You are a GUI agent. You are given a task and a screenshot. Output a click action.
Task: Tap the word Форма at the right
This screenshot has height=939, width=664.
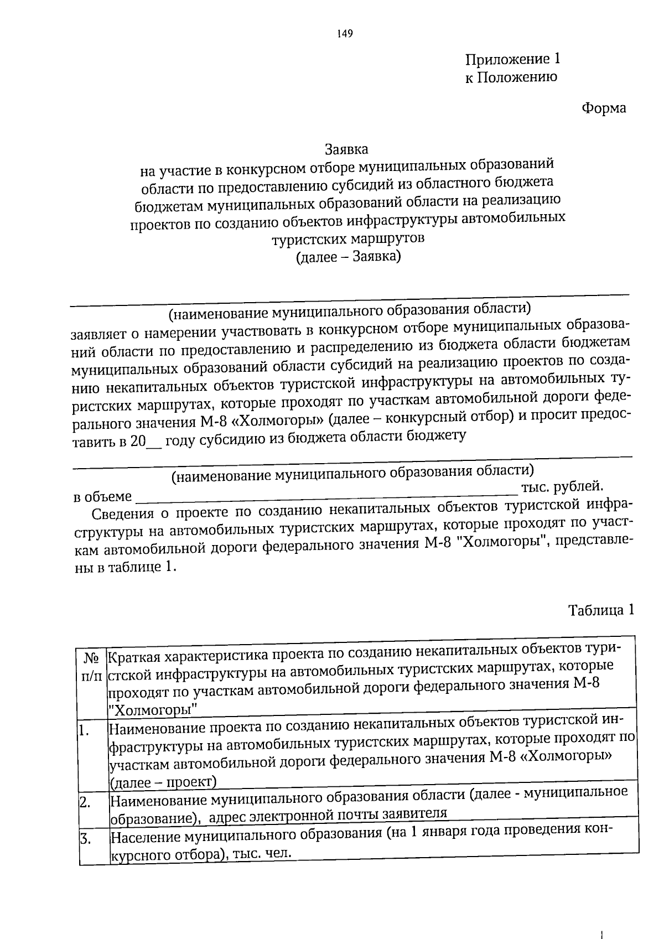pos(604,108)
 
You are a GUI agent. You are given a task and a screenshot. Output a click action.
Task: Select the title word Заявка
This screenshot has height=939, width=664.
pos(346,149)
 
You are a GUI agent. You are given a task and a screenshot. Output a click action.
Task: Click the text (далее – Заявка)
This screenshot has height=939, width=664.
pos(348,257)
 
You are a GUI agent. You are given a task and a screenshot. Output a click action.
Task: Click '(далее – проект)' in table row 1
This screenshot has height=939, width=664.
pos(163,781)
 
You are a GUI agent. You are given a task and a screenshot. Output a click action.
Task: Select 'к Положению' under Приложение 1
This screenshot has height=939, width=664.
pos(510,77)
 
